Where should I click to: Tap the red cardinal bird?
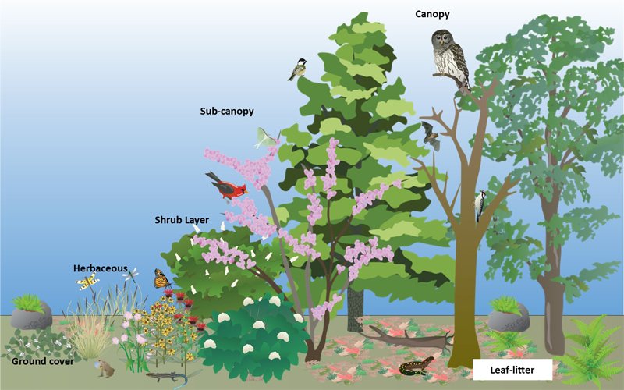(x=226, y=186)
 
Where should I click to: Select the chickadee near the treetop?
(x=296, y=70)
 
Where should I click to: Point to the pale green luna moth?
(x=268, y=138)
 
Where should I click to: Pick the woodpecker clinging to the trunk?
(x=480, y=205)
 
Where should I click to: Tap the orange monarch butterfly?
(x=161, y=278)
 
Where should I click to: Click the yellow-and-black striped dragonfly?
(x=87, y=282)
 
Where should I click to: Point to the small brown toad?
(x=106, y=369)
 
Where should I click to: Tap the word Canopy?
(x=432, y=14)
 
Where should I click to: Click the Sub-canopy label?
(x=226, y=112)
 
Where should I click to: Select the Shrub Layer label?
(x=182, y=220)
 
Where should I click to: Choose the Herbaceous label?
(x=101, y=268)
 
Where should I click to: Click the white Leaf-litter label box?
(x=512, y=369)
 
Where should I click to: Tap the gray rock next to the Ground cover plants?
(x=31, y=316)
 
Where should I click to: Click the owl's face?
(x=444, y=40)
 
